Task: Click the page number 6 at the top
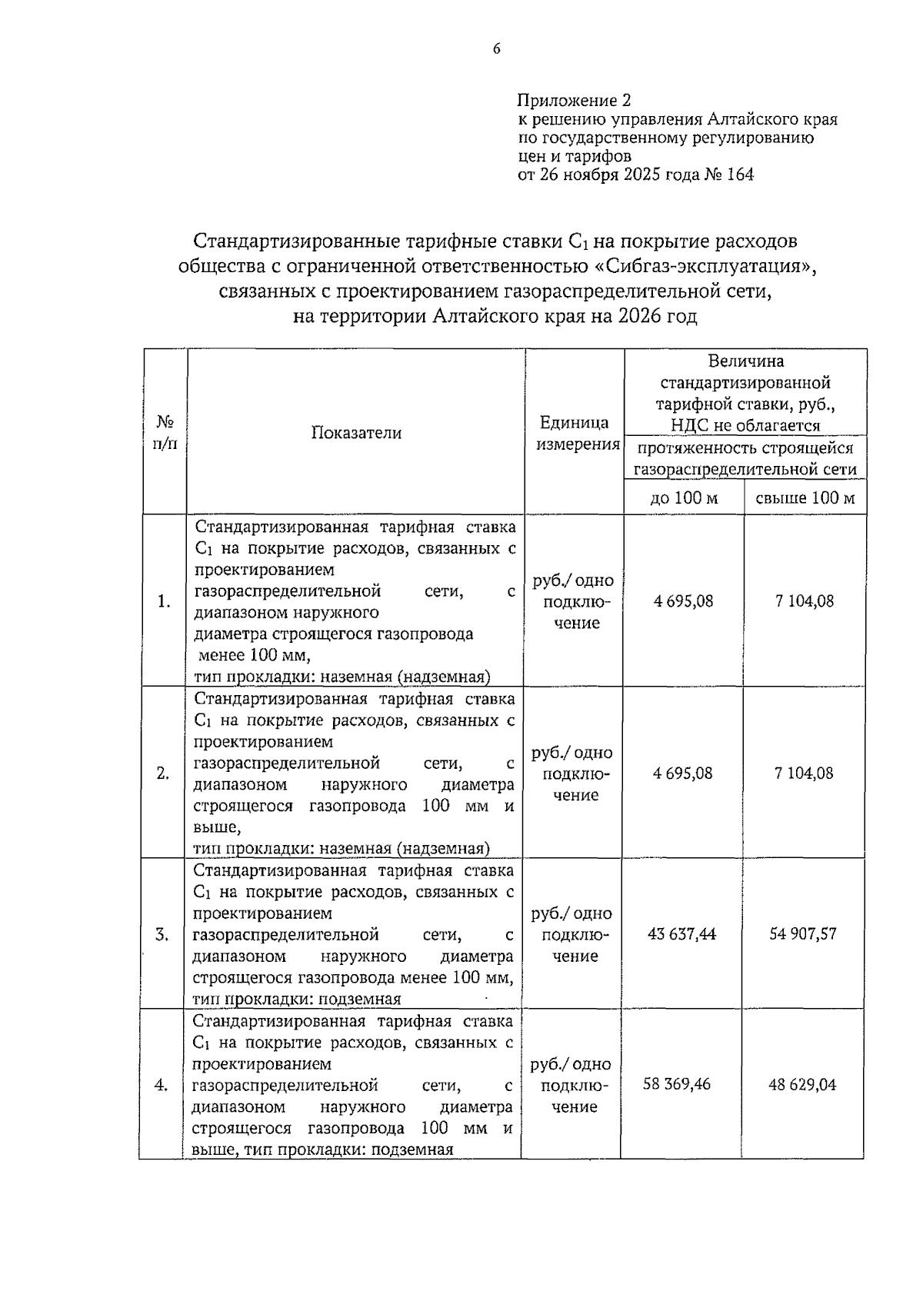coord(496,48)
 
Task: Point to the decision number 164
coord(739,175)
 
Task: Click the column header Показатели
coord(356,433)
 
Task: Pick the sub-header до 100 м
coord(684,497)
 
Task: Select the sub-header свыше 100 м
coord(805,497)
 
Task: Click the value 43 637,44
coord(682,934)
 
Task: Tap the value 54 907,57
coord(803,934)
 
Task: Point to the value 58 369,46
coord(677,1085)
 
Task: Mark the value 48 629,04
coord(802,1085)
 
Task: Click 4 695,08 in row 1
coord(684,601)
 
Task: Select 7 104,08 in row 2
coord(804,773)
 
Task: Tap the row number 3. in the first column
coord(162,934)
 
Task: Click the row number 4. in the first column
coord(162,1085)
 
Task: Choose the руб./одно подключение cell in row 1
coord(574,601)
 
